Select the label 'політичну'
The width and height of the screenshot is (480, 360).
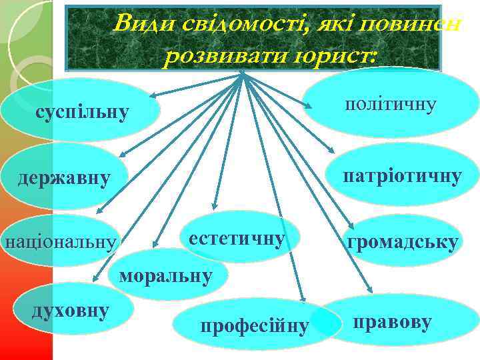[x=391, y=104]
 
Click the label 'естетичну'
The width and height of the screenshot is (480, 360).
[x=237, y=238]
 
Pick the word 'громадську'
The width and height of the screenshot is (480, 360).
[x=403, y=243]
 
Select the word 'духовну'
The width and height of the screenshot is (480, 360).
[x=71, y=311]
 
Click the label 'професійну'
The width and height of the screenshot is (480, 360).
[x=255, y=325]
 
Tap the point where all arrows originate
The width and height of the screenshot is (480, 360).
[x=245, y=74]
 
